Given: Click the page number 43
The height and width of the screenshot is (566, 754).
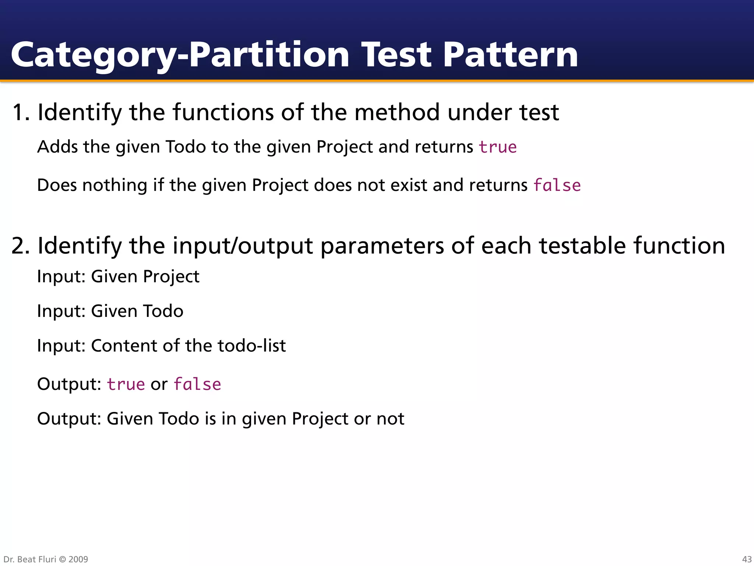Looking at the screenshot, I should point(747,559).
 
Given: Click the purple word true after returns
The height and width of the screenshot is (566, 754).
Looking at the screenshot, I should point(497,147).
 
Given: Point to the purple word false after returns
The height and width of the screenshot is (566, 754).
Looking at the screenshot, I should point(557,185).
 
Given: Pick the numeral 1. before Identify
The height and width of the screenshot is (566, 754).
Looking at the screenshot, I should point(20,112).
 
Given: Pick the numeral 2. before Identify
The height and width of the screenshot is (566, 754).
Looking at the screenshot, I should point(20,246).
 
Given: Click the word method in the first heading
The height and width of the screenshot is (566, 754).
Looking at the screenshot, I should point(397,112).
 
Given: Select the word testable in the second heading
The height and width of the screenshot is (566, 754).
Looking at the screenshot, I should point(582,246).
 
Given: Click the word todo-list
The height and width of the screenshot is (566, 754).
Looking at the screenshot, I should point(251,346).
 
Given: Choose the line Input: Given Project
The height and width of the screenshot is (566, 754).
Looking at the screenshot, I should point(118,277).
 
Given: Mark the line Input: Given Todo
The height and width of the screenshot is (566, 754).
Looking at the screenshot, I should point(110,311).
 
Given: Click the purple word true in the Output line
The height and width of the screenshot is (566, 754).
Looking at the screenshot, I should point(126,384).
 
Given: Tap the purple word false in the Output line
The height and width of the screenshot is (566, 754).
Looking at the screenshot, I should point(197,384).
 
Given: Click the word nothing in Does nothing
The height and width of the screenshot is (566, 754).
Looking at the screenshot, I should point(114,185).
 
